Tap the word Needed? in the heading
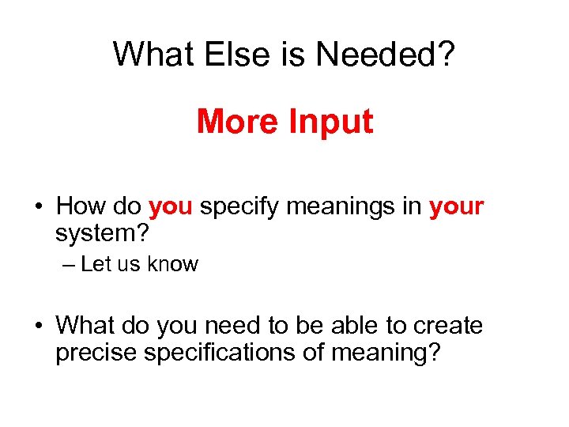[386, 54]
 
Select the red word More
[237, 122]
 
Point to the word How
[82, 207]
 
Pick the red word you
[171, 208]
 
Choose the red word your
[456, 208]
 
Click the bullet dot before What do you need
[38, 327]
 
